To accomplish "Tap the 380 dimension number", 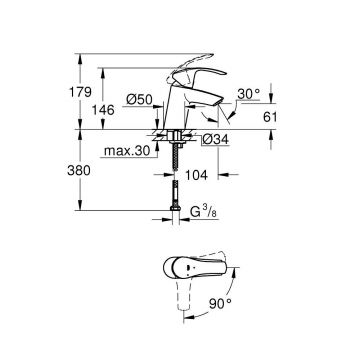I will (x=88, y=172).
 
